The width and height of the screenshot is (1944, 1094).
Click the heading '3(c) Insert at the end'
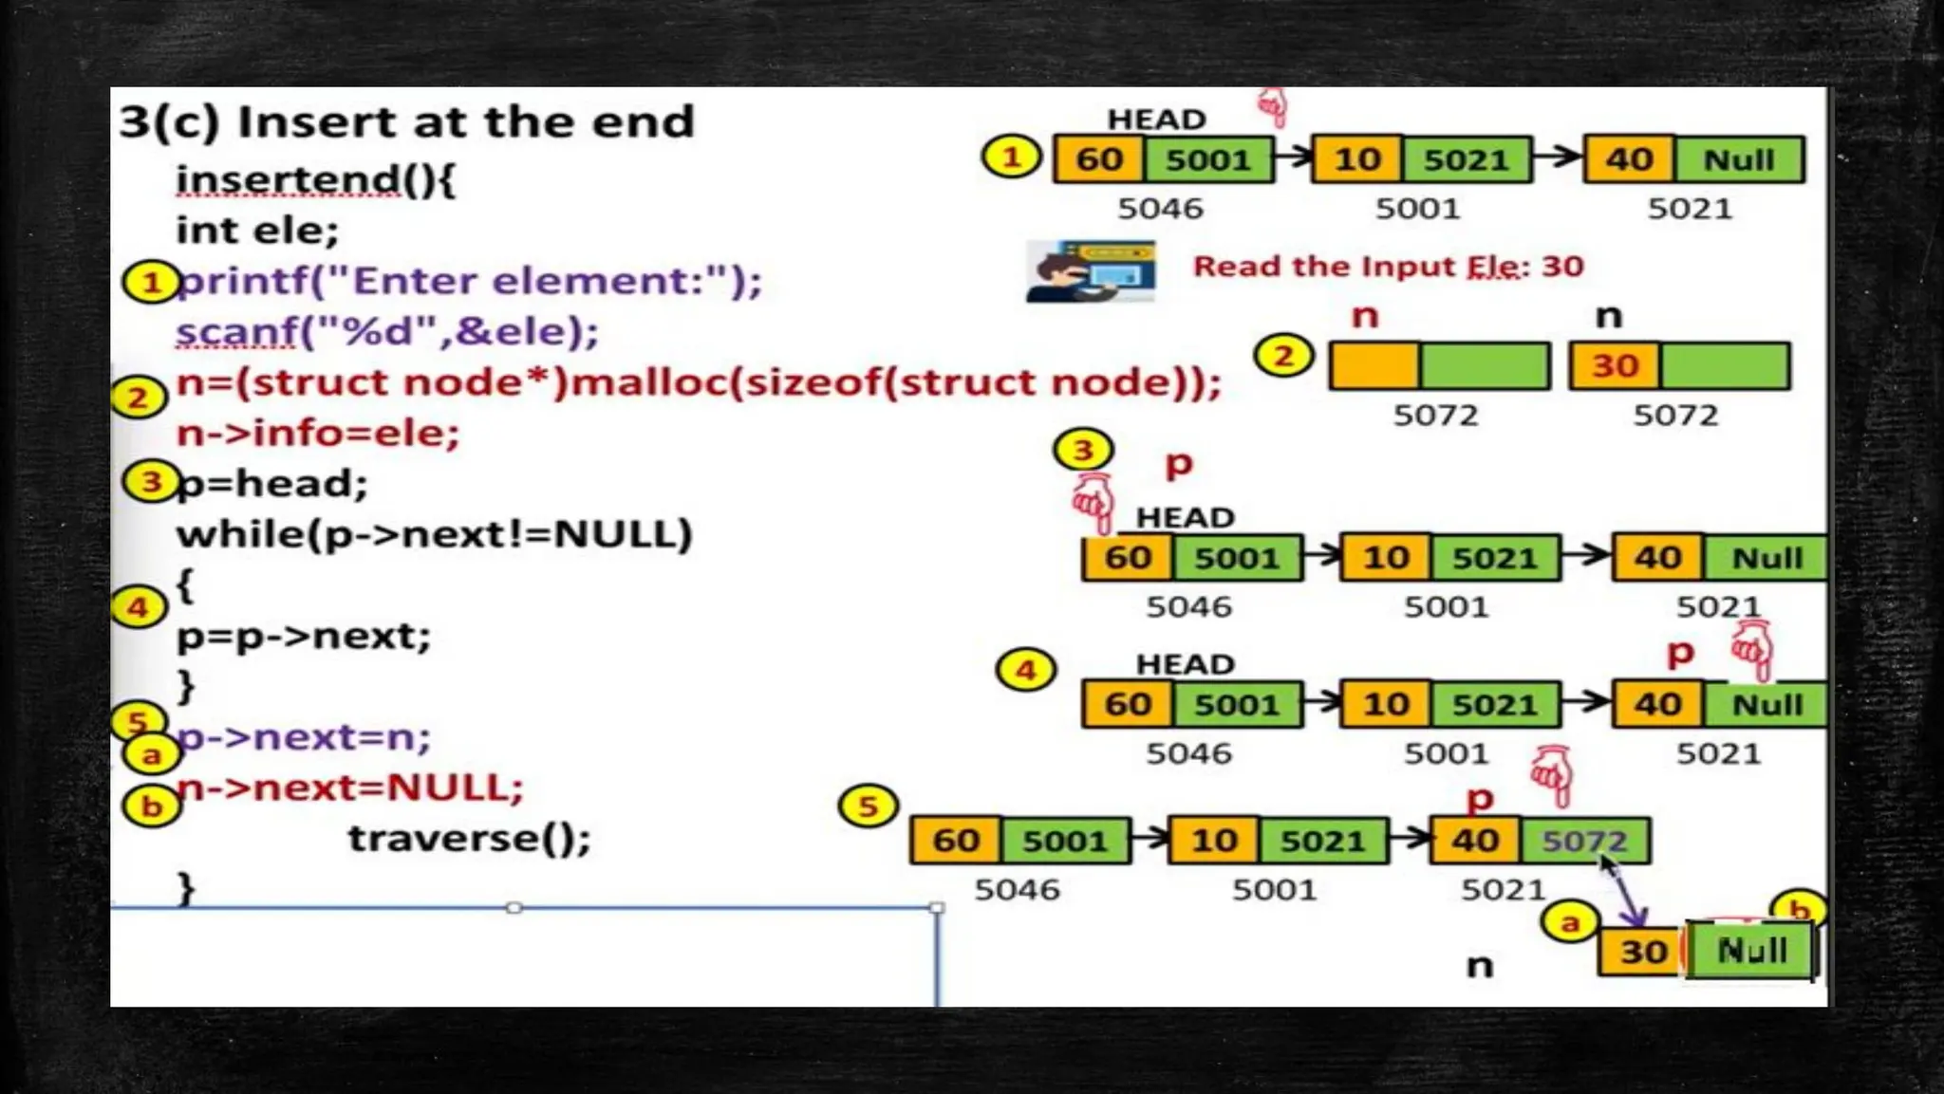point(406,122)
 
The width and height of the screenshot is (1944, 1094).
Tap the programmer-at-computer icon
point(1091,271)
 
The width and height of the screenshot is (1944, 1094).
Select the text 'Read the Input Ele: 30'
point(1388,267)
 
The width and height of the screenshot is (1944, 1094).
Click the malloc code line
point(698,382)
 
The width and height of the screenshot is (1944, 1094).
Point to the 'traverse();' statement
point(469,839)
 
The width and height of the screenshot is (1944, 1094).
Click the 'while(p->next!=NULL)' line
point(434,534)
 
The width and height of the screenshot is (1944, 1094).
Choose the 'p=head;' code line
point(271,484)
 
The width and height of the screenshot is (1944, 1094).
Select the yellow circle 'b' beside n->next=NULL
point(151,807)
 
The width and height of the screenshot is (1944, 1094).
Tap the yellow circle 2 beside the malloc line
point(138,398)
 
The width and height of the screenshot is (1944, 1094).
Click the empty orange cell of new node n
point(1374,366)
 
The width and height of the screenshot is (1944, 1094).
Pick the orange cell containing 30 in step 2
point(1615,366)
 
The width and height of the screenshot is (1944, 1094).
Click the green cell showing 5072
point(1584,841)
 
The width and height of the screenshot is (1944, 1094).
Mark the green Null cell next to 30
point(1751,951)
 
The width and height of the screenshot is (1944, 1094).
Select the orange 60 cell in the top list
point(1099,159)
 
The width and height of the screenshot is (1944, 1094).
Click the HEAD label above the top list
point(1156,120)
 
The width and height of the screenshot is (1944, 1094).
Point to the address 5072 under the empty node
point(1435,416)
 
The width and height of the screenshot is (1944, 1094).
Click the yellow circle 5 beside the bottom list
point(867,807)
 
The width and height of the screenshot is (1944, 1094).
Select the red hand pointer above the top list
point(1272,107)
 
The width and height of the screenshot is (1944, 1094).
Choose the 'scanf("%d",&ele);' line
point(387,332)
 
